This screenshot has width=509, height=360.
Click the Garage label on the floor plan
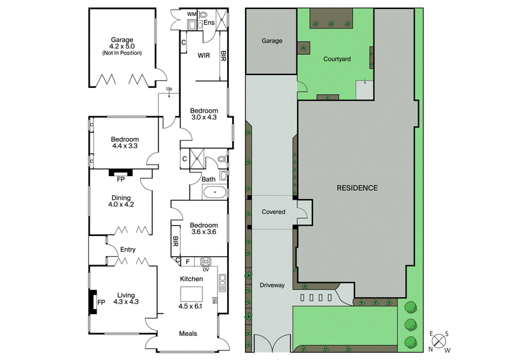[x=121, y=39]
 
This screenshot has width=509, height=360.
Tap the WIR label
[x=204, y=56]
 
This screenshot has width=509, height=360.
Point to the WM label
[x=192, y=13]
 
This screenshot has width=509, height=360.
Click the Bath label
[x=209, y=179]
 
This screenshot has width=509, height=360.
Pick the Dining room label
[x=120, y=197]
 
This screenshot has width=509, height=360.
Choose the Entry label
[x=128, y=249]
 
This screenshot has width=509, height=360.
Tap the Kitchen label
[x=192, y=279]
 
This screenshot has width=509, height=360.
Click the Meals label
[x=188, y=333]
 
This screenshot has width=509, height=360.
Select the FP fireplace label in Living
[x=101, y=302]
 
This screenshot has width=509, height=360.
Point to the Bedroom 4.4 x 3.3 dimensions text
[x=125, y=146]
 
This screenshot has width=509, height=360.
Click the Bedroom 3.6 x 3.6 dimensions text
[x=204, y=232]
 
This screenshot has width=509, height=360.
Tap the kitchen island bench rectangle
[x=191, y=293]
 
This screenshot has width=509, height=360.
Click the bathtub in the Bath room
[x=213, y=191]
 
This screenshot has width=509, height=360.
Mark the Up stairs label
[x=169, y=88]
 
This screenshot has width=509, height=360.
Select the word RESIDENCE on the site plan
[x=357, y=188]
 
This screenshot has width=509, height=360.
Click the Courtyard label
[x=337, y=59]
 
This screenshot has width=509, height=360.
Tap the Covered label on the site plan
[x=272, y=212]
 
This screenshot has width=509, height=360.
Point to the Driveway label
[x=272, y=285]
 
